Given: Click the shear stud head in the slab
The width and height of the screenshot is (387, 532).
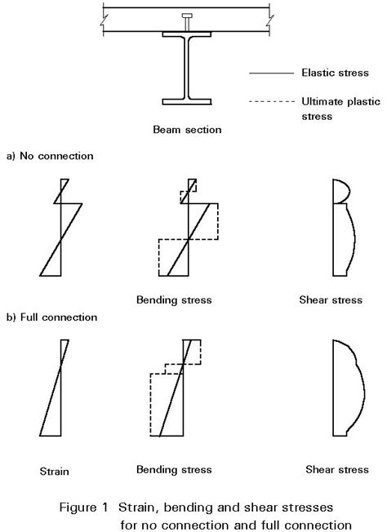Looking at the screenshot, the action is coord(187,16).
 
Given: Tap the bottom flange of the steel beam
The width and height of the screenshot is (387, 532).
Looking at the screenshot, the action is coord(187,102).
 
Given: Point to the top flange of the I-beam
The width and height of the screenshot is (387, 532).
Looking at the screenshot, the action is coord(187,34).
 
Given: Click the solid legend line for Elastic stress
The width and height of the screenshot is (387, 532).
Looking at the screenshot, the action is coord(272,73).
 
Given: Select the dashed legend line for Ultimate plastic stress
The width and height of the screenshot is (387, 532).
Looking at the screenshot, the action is coord(272,101).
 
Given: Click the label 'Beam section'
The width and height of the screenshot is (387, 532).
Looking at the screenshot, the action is coord(187,130).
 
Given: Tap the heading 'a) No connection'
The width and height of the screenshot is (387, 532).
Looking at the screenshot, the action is coord(50,156).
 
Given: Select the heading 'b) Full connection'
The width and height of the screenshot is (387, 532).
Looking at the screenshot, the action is coord(52,317).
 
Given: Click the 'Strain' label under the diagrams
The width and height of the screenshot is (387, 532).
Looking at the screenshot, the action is coord(55,472).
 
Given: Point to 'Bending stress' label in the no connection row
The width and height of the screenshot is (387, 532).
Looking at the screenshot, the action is coord(174,300).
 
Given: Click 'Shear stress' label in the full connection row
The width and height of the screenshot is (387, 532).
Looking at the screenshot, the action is coord(337,469).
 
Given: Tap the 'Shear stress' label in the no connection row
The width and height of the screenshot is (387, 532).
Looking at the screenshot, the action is coord(331,300).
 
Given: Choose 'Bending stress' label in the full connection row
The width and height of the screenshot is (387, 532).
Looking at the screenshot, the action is coord(174,469).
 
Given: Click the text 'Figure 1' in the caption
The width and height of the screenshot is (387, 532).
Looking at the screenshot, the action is coord(83,508).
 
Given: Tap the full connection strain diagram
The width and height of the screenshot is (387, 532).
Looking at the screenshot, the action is coord(56,388).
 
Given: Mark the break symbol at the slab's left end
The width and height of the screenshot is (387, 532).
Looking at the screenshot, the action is coord(104,20).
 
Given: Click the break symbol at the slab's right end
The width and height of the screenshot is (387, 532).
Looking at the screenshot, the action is coord(269,20).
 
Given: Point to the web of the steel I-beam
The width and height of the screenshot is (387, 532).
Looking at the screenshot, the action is coord(187,68).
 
